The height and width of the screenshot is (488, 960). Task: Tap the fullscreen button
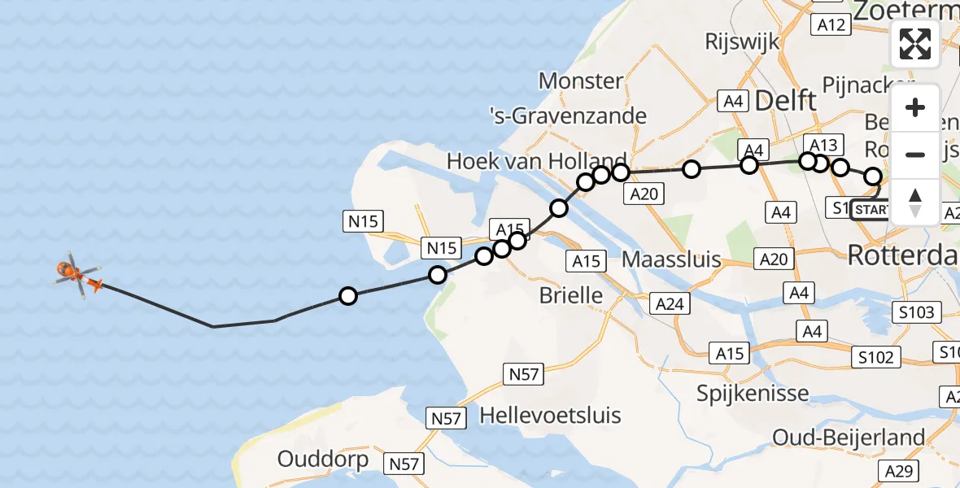[915, 44]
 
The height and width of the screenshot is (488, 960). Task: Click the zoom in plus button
[915, 108]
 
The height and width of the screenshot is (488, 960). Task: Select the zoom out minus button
[915, 155]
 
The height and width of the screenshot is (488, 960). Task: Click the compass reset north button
[915, 202]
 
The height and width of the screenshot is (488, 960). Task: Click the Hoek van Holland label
[537, 161]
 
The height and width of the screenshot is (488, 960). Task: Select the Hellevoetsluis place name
[551, 416]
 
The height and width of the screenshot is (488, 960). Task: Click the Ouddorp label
[323, 459]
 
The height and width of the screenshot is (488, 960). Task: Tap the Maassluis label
[671, 260]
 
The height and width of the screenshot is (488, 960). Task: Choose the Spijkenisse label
[753, 394]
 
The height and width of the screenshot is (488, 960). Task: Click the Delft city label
[786, 101]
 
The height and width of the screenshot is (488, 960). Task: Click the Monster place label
[581, 81]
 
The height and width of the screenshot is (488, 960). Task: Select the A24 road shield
[672, 304]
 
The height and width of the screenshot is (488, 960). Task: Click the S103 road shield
[917, 312]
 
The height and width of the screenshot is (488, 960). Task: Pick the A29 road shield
[924, 471]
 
